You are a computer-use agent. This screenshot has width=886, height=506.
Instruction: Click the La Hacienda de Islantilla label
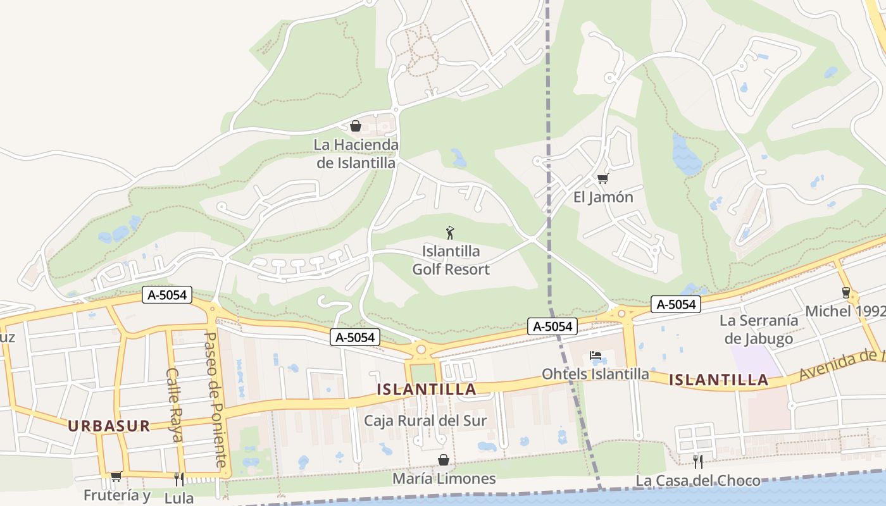(356, 154)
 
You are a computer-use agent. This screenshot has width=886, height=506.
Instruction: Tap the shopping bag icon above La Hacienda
(356, 126)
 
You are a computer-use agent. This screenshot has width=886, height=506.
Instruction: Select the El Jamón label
(603, 197)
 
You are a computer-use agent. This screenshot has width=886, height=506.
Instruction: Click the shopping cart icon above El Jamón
(602, 179)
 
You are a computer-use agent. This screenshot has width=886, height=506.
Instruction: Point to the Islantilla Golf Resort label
(451, 260)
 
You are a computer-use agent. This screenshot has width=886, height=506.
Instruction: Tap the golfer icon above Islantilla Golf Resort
(450, 233)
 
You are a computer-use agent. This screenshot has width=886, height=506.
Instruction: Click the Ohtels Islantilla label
(595, 374)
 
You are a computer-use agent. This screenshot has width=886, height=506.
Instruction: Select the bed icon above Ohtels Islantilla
(595, 355)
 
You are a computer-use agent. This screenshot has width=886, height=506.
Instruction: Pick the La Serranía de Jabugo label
(759, 330)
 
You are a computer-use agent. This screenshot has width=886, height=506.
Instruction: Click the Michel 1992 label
(845, 311)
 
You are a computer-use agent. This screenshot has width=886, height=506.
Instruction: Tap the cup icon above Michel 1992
(845, 292)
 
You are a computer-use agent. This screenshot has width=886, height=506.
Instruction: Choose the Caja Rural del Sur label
(425, 421)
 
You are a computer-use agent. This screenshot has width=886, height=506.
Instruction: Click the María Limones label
(444, 478)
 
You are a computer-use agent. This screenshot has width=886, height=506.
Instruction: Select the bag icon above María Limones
(444, 460)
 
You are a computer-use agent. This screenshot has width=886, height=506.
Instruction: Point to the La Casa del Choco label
(697, 481)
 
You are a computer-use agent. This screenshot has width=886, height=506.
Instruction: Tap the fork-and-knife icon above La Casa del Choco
(697, 461)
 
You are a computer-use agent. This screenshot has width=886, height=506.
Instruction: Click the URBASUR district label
(109, 426)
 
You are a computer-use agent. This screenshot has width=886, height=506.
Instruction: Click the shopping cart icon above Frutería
(116, 476)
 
